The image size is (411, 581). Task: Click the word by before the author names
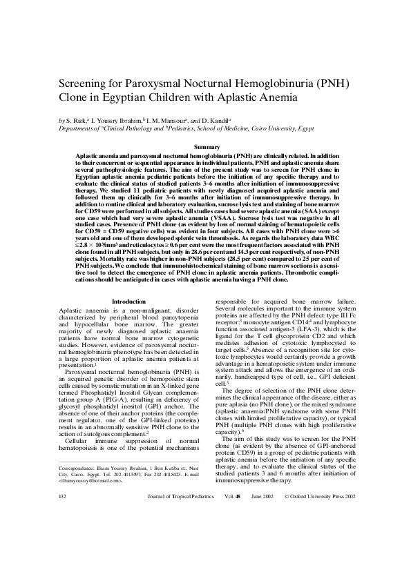pos(61,120)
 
